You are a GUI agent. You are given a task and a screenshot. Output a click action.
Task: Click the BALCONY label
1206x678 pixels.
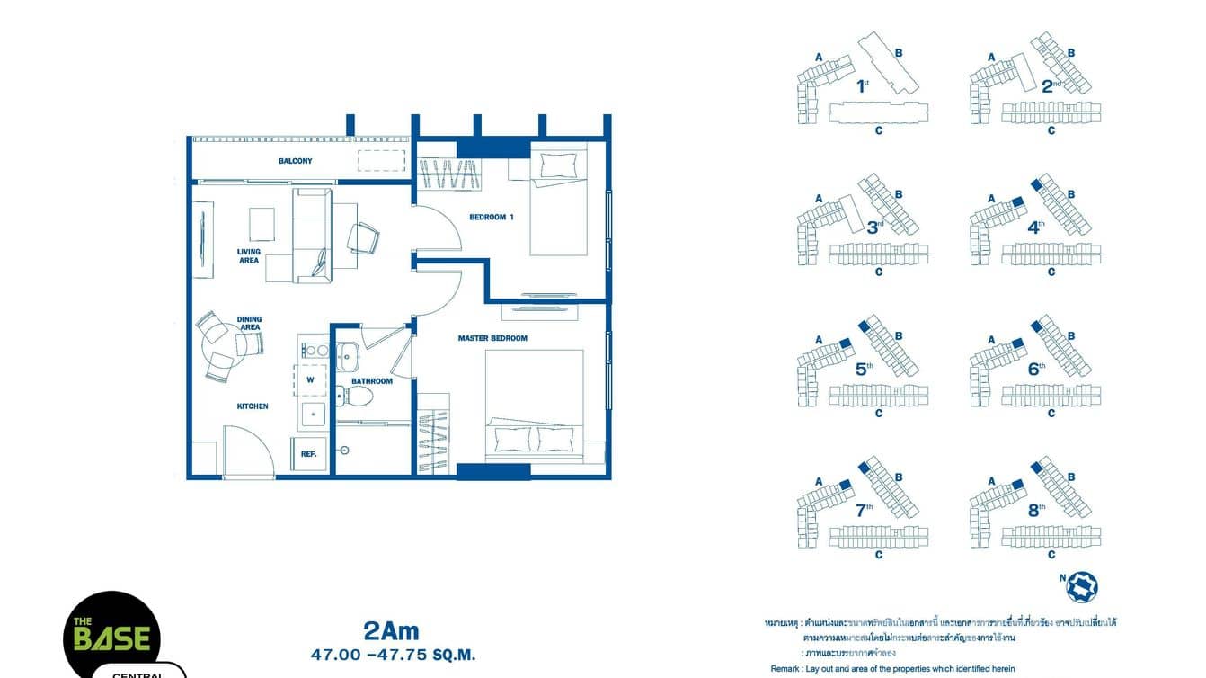(x=295, y=161)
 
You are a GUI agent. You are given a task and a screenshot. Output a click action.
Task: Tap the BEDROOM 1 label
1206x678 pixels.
(x=492, y=217)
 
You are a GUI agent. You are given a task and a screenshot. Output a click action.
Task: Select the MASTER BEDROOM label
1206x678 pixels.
(x=492, y=338)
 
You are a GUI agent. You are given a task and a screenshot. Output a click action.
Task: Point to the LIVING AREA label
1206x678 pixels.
(x=249, y=256)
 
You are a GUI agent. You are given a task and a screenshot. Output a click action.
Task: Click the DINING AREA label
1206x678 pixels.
(x=250, y=323)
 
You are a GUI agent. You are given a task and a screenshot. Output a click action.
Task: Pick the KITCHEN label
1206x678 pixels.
(x=253, y=406)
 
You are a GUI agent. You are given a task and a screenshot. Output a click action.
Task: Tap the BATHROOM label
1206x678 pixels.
(x=372, y=381)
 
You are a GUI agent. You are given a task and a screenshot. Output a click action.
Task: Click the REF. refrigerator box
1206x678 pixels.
(x=308, y=454)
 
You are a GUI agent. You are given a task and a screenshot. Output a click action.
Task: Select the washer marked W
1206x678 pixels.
(x=310, y=379)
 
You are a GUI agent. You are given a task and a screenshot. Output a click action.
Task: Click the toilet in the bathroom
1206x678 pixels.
(x=346, y=396)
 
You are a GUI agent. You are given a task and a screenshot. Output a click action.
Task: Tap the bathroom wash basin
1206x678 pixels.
(x=347, y=356)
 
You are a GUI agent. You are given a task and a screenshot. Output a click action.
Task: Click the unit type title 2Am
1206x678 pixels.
(x=391, y=632)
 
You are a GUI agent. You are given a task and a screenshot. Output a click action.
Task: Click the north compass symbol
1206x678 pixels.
(x=1081, y=586)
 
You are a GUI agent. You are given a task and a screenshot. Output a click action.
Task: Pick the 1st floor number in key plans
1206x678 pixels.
(x=862, y=87)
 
